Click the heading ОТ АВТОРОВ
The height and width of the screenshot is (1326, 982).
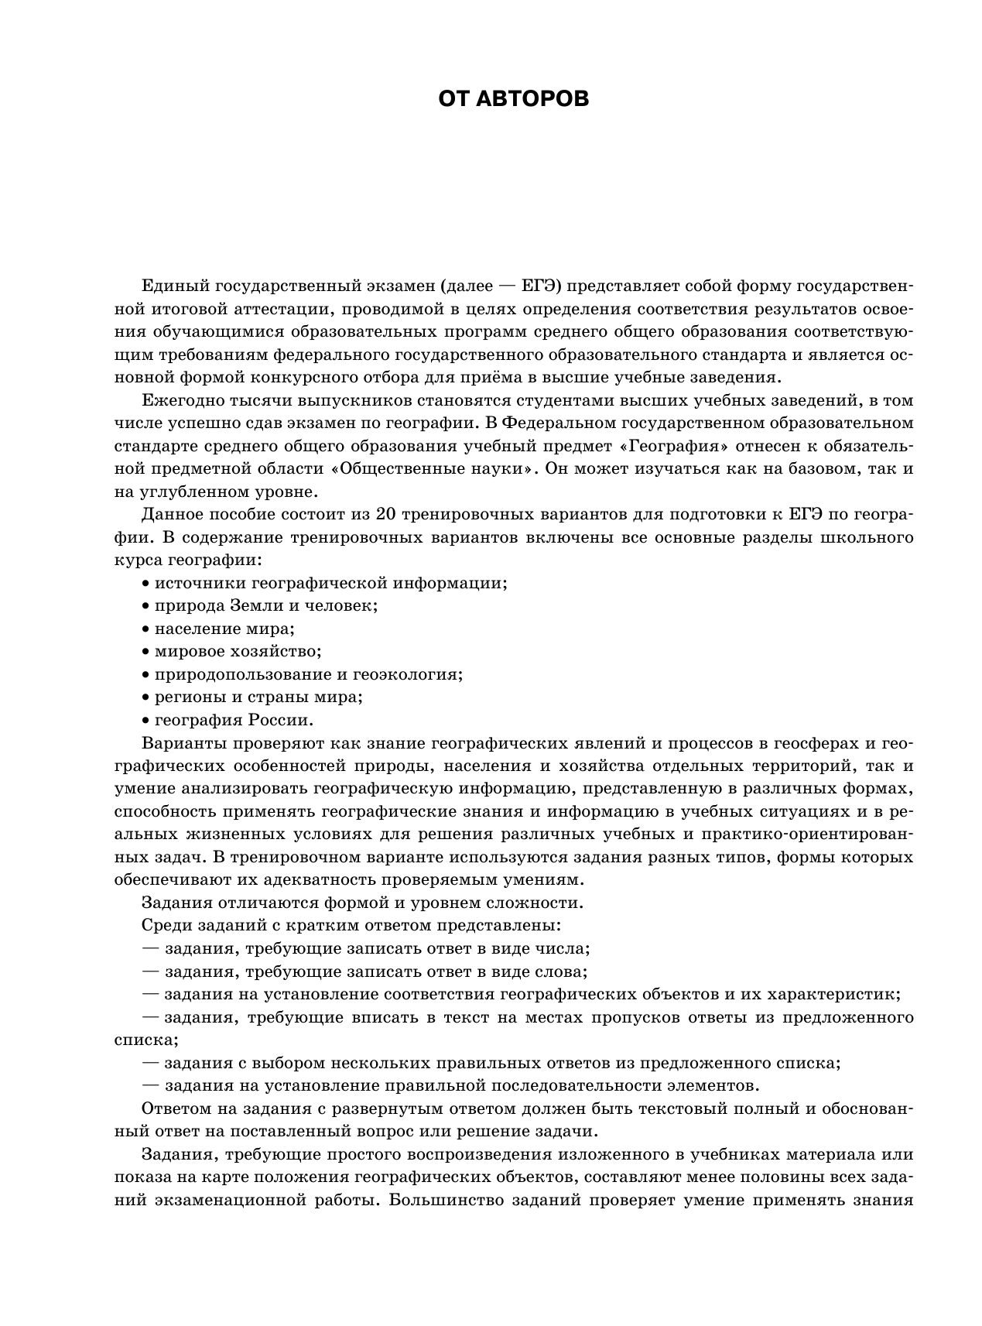pos(513,99)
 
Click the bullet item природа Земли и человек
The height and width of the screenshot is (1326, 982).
pos(265,605)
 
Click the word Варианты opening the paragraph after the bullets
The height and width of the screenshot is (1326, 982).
pos(179,743)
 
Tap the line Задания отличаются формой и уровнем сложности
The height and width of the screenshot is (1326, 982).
pos(362,903)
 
